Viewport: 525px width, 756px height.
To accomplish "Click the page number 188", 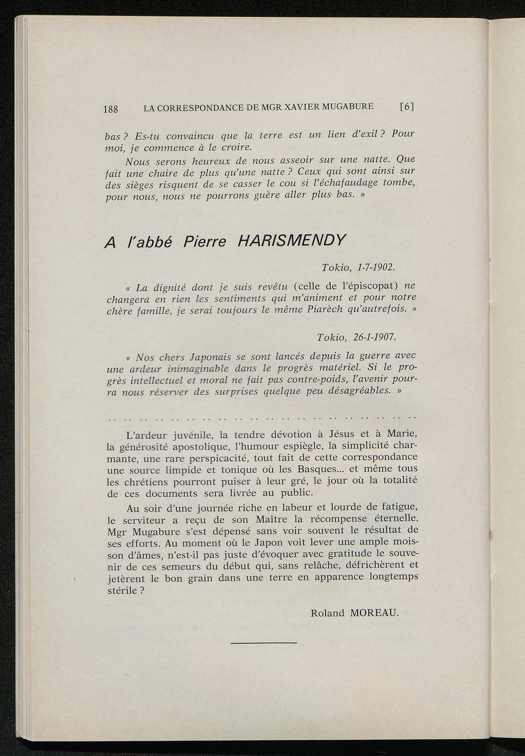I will pos(110,109).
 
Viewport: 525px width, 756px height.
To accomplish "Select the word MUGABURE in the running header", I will pos(348,107).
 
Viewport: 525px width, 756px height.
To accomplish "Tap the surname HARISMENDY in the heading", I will pos(292,240).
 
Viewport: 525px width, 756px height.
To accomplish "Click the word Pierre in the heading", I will pos(205,241).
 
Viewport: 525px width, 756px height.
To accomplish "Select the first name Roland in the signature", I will pos(328,613).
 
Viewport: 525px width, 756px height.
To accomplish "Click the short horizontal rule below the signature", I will pos(264,642).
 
